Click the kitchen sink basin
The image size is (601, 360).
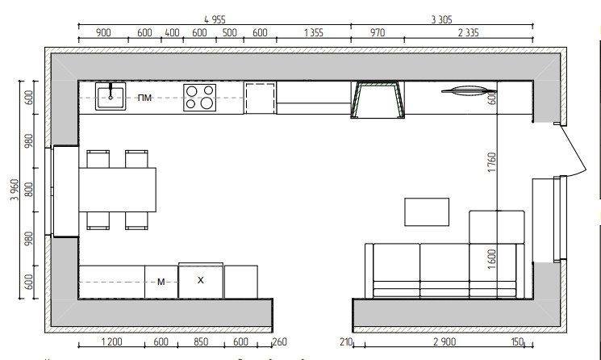tap(111, 96)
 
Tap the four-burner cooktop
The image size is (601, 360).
tap(199, 98)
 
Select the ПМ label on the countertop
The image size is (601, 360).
tap(144, 98)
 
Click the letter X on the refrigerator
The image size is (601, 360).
tap(200, 281)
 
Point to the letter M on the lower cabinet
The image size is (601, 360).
tap(161, 283)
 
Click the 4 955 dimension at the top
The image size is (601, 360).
tap(215, 19)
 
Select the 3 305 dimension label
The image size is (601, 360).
tap(441, 19)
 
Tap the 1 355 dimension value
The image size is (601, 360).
tap(314, 32)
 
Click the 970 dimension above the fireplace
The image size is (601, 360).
tap(378, 32)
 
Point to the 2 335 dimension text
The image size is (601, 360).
tap(469, 32)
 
